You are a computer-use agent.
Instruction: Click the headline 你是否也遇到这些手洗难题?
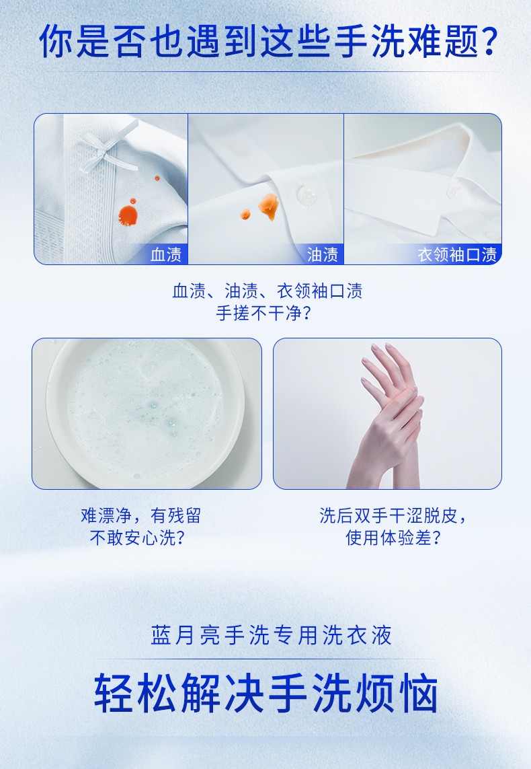click(268, 41)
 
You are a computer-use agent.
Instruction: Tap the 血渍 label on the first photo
click(165, 254)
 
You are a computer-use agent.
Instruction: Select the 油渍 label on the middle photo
click(323, 254)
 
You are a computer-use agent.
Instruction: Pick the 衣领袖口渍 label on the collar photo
click(456, 254)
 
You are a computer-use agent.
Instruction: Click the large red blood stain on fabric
click(128, 215)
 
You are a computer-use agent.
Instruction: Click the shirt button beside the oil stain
click(306, 194)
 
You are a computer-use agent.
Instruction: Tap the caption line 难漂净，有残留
click(140, 515)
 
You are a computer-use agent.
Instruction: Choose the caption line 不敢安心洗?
click(137, 538)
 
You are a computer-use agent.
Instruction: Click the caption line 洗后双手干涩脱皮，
click(393, 515)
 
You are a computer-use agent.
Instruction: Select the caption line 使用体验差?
click(393, 538)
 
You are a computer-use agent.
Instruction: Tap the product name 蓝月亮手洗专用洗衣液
click(271, 635)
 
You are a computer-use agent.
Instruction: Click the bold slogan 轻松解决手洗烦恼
click(266, 693)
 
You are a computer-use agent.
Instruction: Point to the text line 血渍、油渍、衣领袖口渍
click(267, 291)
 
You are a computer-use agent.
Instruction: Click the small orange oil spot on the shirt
click(245, 214)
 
